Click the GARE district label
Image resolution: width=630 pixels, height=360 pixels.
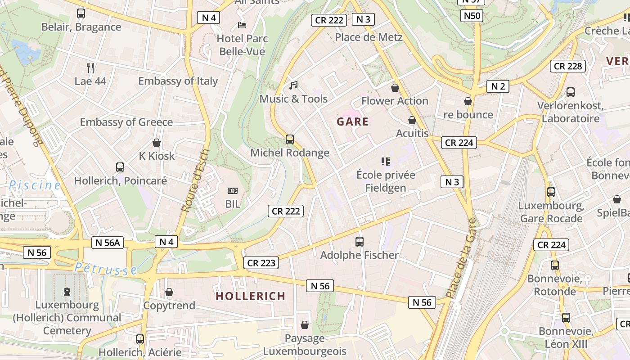click(x=352, y=121)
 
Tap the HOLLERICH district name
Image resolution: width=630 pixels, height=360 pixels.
click(x=250, y=296)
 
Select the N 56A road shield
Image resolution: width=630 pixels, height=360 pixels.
click(x=108, y=243)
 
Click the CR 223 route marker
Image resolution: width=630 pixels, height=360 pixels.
click(x=261, y=263)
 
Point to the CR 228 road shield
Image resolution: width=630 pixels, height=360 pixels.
click(x=568, y=66)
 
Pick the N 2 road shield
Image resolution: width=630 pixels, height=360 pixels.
click(x=498, y=86)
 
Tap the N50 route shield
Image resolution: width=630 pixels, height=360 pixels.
click(x=472, y=16)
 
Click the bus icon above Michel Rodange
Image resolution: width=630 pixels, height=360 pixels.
click(x=290, y=139)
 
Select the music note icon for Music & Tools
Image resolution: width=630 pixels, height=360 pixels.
click(x=294, y=85)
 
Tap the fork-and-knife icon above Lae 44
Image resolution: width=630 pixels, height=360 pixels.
click(x=90, y=68)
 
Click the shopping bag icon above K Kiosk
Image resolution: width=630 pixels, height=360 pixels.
click(x=157, y=143)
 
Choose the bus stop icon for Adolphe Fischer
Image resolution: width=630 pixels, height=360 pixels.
click(x=359, y=242)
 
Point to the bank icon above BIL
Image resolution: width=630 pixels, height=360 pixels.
click(x=233, y=191)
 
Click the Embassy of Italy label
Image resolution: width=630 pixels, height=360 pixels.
click(x=178, y=81)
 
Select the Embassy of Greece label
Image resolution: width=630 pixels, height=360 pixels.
click(x=126, y=122)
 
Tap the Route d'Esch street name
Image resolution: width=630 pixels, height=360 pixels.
click(x=196, y=180)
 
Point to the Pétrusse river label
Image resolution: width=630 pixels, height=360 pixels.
click(x=106, y=269)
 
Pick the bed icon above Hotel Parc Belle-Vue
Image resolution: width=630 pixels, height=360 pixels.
click(x=242, y=25)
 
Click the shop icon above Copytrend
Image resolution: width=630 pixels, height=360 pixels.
click(x=169, y=292)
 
